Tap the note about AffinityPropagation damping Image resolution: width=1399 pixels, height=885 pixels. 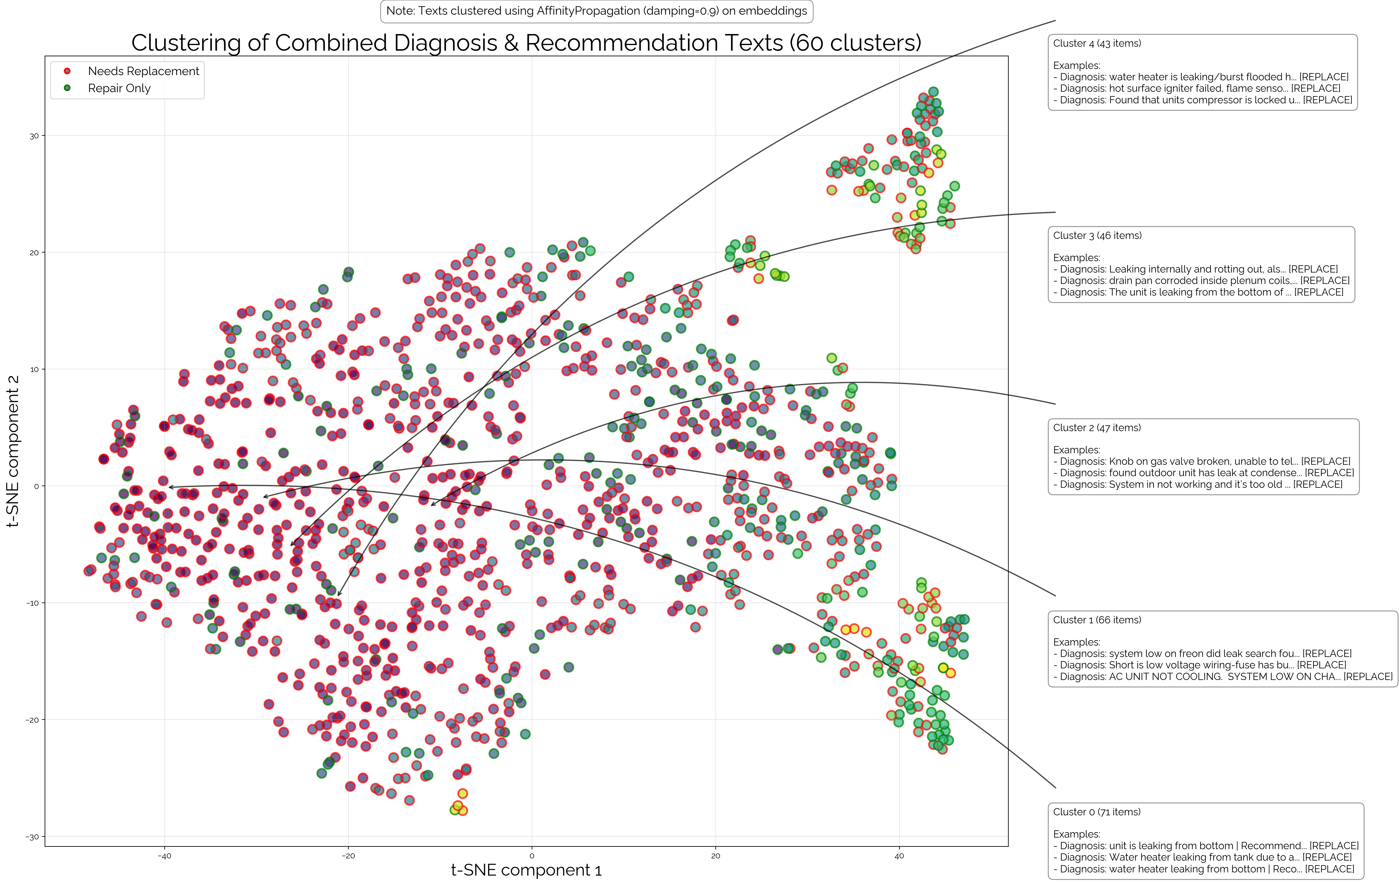pyautogui.click(x=597, y=11)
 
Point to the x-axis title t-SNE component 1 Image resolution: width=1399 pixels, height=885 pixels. pyautogui.click(x=526, y=870)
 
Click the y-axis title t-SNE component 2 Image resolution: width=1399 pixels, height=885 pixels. pyautogui.click(x=13, y=451)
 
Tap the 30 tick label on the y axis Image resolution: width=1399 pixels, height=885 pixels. pyautogui.click(x=34, y=136)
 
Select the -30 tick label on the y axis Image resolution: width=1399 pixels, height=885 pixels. pyautogui.click(x=33, y=837)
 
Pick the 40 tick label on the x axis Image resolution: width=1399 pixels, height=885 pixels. pyautogui.click(x=899, y=856)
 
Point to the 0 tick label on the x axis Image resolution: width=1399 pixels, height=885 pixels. pyautogui.click(x=532, y=856)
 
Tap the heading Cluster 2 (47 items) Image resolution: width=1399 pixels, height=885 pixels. pyautogui.click(x=1097, y=428)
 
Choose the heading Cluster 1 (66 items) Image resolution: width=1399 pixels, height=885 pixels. pyautogui.click(x=1097, y=620)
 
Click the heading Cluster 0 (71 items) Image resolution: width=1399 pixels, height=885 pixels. pyautogui.click(x=1097, y=812)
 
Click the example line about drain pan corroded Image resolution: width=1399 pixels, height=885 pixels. pyautogui.click(x=1201, y=281)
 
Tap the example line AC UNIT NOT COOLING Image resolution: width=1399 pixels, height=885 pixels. pyautogui.click(x=1223, y=676)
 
